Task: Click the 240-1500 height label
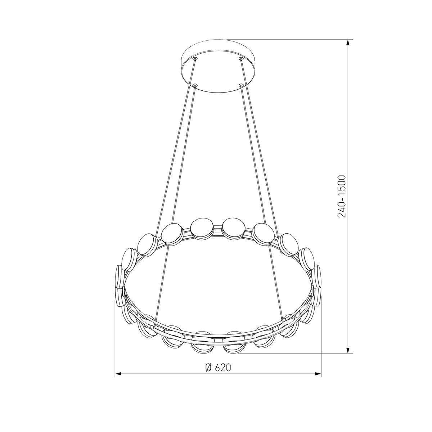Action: (x=342, y=196)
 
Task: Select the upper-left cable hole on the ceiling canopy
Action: (x=195, y=59)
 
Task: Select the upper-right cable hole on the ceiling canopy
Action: (x=241, y=59)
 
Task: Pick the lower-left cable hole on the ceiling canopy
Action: (x=195, y=85)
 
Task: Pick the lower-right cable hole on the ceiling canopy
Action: (x=241, y=85)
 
